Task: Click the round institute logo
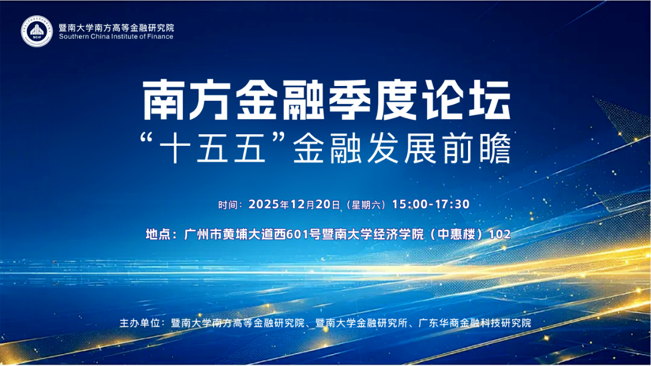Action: pyautogui.click(x=36, y=31)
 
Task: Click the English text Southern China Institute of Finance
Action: pyautogui.click(x=116, y=36)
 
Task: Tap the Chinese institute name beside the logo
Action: pyautogui.click(x=116, y=28)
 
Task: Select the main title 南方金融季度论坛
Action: pyautogui.click(x=326, y=100)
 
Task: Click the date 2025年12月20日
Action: pyautogui.click(x=295, y=204)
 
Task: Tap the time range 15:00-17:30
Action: pyautogui.click(x=431, y=204)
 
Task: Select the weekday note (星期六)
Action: pyautogui.click(x=366, y=205)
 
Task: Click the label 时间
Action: pyautogui.click(x=228, y=205)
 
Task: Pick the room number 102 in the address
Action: pyautogui.click(x=500, y=234)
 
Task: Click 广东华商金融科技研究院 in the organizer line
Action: pyautogui.click(x=475, y=323)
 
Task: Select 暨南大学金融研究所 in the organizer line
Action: pyautogui.click(x=361, y=323)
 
